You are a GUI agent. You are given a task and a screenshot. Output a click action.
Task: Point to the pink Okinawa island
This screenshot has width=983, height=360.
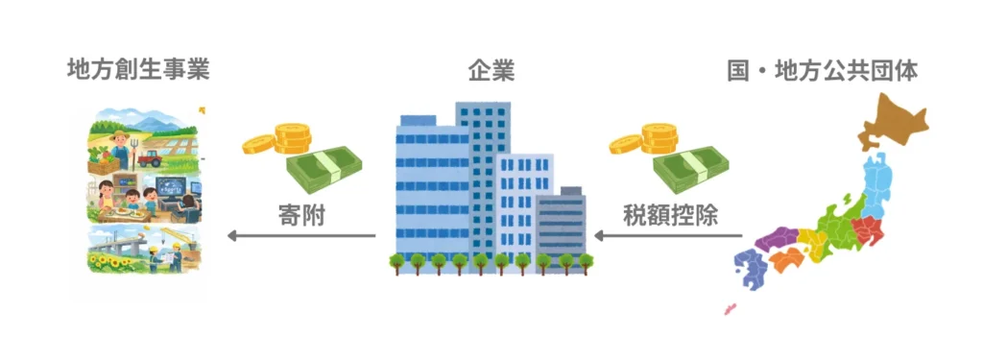coord(730,309)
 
